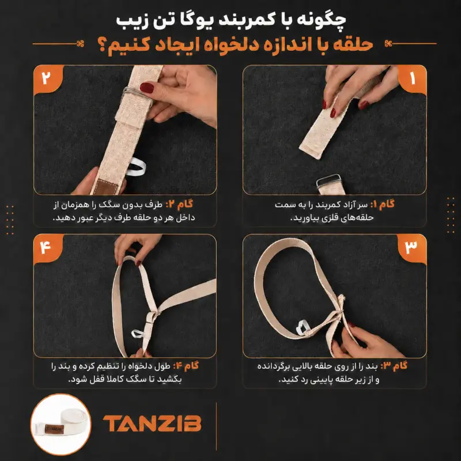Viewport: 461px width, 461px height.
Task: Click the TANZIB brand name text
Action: [x=152, y=424]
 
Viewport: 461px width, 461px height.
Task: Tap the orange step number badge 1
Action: [x=412, y=79]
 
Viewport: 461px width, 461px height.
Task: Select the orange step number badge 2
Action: [x=48, y=79]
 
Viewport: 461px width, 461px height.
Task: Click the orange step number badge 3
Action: [x=411, y=248]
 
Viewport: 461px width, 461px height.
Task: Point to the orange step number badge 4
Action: [x=48, y=248]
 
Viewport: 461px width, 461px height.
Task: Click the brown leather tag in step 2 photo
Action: [x=104, y=186]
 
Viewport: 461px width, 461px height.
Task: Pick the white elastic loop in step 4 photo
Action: [x=138, y=334]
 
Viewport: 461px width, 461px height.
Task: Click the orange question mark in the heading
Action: [x=103, y=47]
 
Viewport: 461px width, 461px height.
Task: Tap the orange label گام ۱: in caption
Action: [x=382, y=204]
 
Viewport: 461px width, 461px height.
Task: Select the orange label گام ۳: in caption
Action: [x=394, y=366]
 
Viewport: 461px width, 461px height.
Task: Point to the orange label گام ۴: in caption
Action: [x=186, y=366]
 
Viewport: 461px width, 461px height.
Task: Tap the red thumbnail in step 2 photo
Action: [x=146, y=88]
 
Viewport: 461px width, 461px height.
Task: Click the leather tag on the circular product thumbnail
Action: [x=54, y=429]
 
